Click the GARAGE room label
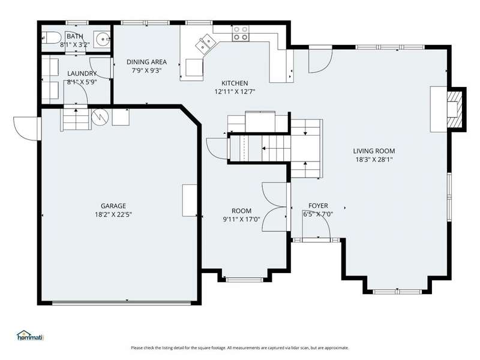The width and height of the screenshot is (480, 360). [113, 206]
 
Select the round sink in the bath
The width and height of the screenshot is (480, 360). [101, 39]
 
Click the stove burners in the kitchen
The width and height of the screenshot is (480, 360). [241, 34]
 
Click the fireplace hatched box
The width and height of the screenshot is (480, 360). [455, 109]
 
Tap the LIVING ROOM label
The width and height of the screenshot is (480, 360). [374, 151]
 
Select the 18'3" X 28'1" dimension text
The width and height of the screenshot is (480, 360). [374, 159]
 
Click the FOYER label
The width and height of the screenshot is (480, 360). [318, 206]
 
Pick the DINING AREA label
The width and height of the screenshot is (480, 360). [146, 62]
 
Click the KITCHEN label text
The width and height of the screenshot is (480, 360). [235, 83]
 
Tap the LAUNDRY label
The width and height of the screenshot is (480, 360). [82, 73]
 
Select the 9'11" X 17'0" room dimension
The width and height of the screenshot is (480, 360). [242, 219]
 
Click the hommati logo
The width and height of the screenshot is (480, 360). [31, 335]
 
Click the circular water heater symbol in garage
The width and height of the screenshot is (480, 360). [100, 116]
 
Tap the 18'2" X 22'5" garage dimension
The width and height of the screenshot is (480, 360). [113, 214]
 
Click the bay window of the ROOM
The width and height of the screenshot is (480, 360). [244, 280]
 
